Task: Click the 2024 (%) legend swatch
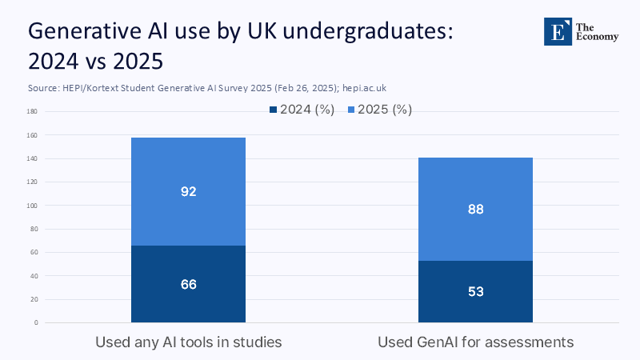(274, 110)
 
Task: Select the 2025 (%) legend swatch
(350, 110)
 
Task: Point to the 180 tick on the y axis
(33, 112)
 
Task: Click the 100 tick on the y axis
(33, 206)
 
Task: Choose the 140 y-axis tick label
(33, 159)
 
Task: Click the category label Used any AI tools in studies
(189, 342)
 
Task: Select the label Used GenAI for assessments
(475, 342)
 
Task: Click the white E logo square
(557, 30)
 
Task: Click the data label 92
(189, 192)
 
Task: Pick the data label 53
(475, 292)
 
